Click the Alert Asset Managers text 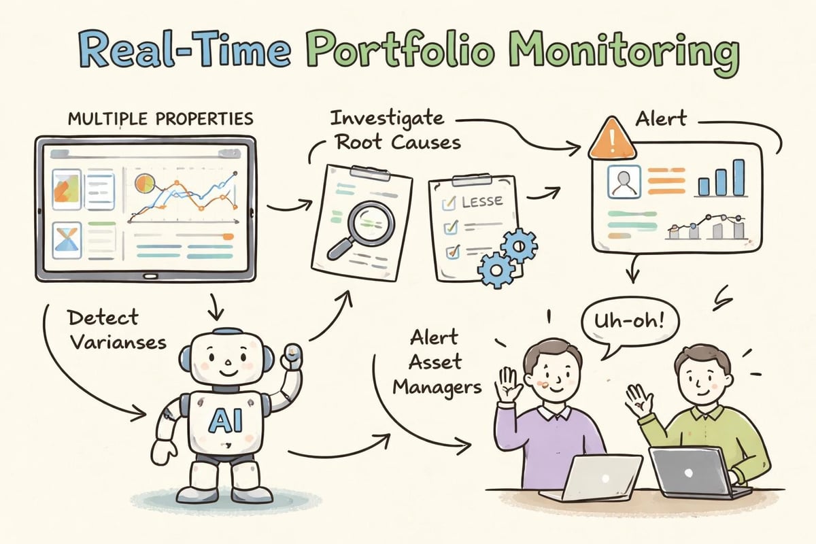pos(446,362)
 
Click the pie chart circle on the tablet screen pos(145,182)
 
